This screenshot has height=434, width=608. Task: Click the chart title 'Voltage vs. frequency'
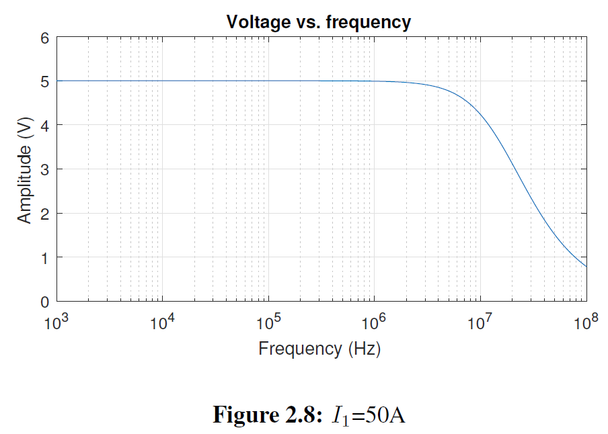coord(318,22)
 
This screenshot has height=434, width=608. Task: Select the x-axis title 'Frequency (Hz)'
coord(319,349)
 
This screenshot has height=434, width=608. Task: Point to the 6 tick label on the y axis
coord(45,38)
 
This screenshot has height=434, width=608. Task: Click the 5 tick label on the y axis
coord(45,81)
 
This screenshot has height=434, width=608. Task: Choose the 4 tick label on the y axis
coord(45,126)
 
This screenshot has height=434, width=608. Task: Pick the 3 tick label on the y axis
coord(45,169)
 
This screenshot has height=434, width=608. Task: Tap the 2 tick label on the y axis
coord(45,214)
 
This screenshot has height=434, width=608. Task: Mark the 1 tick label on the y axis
coord(45,257)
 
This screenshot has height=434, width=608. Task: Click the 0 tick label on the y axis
coord(45,302)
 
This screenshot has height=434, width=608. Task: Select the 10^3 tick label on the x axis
coord(56,322)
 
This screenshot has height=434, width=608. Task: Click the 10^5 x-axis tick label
coord(268,322)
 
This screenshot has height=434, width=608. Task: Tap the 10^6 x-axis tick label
coord(374,322)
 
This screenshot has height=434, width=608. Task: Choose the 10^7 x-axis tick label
coord(480,322)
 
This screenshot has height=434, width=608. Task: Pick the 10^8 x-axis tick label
coord(585,322)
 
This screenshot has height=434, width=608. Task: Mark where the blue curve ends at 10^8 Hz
coord(586,267)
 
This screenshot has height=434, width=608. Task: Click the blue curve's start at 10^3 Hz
coord(57,81)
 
